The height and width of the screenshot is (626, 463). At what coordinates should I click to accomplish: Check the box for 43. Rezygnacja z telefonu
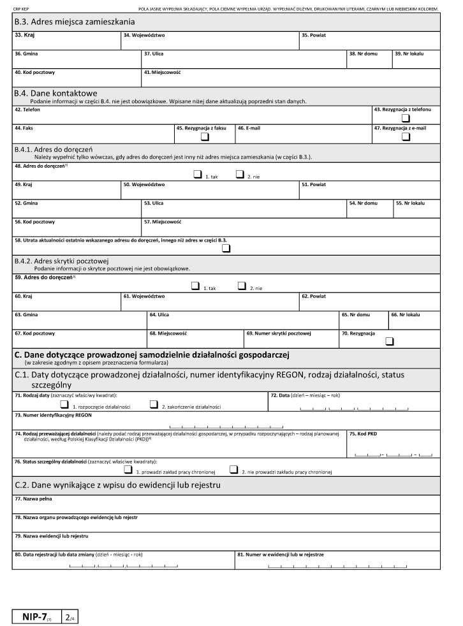coord(405,118)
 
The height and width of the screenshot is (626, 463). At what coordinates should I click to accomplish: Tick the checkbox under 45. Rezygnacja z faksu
coord(205,136)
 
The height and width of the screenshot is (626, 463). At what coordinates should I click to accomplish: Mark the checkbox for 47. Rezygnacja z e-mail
coord(405,136)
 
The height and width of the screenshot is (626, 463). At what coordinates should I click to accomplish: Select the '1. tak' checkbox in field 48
coord(196,174)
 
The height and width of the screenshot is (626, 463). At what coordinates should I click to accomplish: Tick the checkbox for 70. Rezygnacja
coord(390,341)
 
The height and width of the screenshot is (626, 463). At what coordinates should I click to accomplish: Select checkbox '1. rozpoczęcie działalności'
coord(64,404)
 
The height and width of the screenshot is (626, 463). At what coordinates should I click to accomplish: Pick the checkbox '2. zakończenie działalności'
coord(154,404)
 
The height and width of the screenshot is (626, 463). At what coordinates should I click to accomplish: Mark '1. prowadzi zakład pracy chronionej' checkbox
coord(128,470)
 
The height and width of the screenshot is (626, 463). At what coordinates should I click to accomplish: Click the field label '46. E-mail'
coord(249,127)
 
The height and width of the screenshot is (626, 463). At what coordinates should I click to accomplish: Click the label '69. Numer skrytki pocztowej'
coord(278,333)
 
